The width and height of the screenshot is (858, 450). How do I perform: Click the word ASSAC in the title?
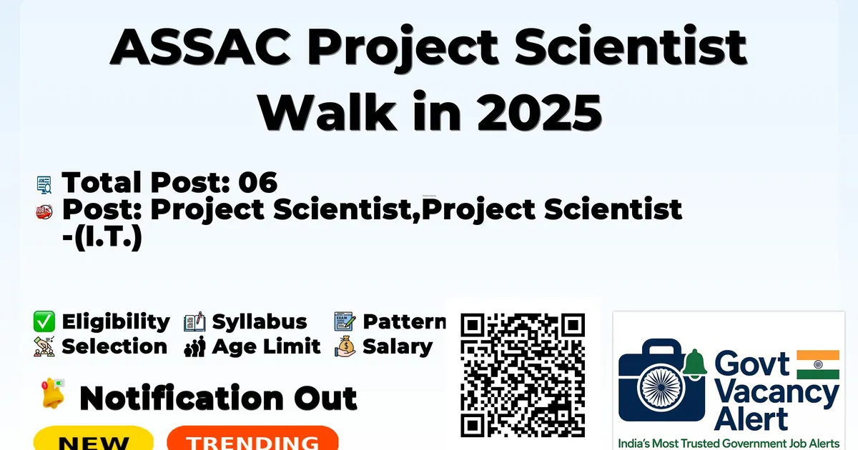[x=200, y=47]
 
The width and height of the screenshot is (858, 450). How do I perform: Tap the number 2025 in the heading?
[x=539, y=113]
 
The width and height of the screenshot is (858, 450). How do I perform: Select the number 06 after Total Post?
[x=258, y=182]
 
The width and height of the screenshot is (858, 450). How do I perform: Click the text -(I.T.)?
[x=102, y=237]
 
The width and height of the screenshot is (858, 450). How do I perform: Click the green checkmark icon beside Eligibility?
[x=44, y=321]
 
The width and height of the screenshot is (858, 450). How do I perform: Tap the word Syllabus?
[x=260, y=321]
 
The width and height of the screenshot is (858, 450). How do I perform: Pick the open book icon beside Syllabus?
[x=194, y=322]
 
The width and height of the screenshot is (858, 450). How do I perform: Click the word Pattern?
[x=405, y=321]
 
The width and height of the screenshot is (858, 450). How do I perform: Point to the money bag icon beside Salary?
[x=345, y=346]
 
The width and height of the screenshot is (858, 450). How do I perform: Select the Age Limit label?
[x=266, y=346]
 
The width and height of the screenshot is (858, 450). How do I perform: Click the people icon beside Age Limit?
[x=195, y=346]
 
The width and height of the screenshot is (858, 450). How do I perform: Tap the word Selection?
[x=114, y=346]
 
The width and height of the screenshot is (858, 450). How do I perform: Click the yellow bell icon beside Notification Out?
[x=53, y=393]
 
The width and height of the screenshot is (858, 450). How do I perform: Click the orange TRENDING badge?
[x=253, y=439]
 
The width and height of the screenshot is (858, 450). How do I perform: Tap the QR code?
[x=523, y=375]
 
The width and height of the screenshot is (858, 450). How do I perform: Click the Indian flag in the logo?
[x=818, y=365]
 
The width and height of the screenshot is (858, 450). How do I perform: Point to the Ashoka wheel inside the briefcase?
[x=661, y=387]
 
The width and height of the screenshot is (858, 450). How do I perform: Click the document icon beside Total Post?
[x=44, y=185]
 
